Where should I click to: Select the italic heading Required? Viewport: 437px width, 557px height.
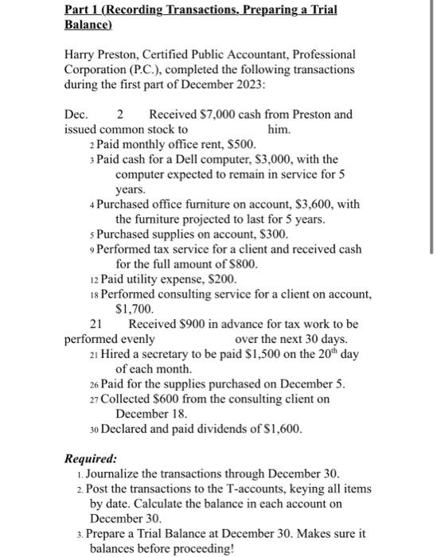tap(90, 459)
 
